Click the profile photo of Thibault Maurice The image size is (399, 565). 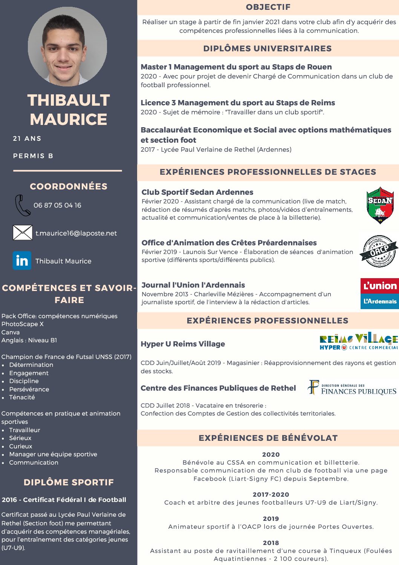[67, 46]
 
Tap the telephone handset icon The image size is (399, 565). [22, 205]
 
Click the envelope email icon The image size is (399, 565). [23, 232]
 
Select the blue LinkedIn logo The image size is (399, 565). [22, 261]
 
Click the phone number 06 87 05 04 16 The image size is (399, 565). [57, 205]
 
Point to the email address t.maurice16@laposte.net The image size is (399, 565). [76, 233]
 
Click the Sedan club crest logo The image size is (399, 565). [380, 205]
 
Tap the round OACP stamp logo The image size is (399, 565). [378, 251]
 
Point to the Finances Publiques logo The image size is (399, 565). [352, 388]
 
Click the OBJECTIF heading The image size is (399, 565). [268, 7]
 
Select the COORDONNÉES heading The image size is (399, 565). [69, 186]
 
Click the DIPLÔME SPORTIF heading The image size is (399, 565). [69, 482]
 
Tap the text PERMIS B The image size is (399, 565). [33, 156]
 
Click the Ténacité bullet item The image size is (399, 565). [22, 397]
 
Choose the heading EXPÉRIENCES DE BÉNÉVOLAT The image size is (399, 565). [268, 438]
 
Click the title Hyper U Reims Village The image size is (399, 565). [183, 344]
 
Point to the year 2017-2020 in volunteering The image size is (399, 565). [271, 494]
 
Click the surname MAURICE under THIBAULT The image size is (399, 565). [69, 120]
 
